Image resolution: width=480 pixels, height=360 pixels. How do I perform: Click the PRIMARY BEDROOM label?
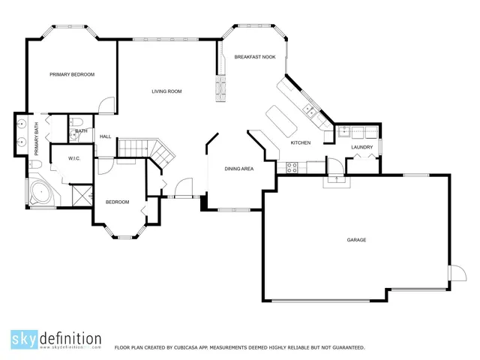click(72, 74)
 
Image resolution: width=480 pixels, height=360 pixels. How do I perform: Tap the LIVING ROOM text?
click(166, 91)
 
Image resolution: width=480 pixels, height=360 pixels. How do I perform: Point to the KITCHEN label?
click(300, 142)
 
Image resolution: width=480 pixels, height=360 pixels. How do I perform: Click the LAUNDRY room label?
click(361, 147)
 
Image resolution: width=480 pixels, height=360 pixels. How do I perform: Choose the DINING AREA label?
click(238, 169)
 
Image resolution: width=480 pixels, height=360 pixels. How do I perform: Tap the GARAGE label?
click(356, 240)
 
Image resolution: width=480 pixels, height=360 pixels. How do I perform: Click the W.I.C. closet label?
click(74, 158)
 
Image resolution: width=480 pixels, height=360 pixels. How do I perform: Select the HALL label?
click(105, 136)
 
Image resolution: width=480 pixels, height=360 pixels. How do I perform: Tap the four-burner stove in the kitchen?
click(293, 167)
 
